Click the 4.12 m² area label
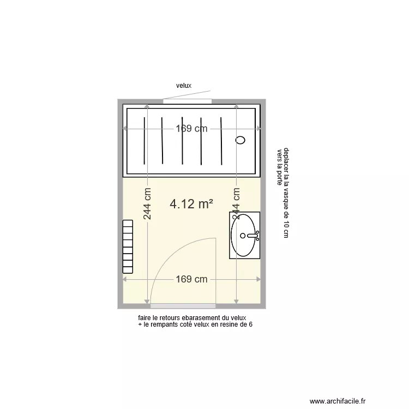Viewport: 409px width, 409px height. point(191,204)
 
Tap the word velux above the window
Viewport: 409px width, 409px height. point(184,86)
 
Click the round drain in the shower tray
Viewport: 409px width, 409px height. point(240,140)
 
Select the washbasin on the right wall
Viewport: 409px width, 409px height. point(244,235)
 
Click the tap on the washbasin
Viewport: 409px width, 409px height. point(252,236)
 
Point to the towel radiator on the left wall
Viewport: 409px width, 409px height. point(128,246)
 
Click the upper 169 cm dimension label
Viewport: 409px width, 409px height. point(191,129)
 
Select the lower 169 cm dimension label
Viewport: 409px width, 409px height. point(191,279)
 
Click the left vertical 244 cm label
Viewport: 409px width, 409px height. point(147,204)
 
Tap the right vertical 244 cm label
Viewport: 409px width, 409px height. point(236,204)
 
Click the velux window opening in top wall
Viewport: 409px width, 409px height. point(187,101)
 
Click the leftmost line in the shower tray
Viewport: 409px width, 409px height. point(144,140)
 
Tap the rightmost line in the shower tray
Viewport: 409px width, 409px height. point(221,140)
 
